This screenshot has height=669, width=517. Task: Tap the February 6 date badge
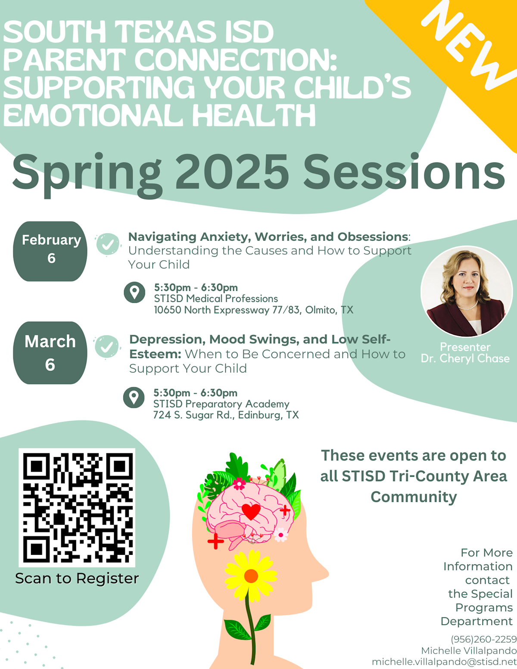[x=51, y=251]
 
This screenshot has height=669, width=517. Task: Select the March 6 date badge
[x=50, y=352]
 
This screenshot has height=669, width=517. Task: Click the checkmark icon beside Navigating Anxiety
[x=108, y=244]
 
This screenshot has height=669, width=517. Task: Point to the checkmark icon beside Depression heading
[x=106, y=346]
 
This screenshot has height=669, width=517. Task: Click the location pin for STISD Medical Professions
[x=134, y=292]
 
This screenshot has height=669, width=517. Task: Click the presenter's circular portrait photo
[x=467, y=292]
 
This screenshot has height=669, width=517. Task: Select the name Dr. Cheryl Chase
[x=465, y=358]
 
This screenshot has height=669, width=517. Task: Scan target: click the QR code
[x=77, y=507]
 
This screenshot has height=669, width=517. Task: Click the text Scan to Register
[x=77, y=578]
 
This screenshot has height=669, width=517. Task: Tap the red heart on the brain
[x=251, y=511]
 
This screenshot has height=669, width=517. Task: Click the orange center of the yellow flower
[x=251, y=576]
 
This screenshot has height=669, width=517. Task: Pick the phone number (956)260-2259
[x=483, y=639]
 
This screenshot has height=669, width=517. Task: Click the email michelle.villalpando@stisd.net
[x=444, y=662]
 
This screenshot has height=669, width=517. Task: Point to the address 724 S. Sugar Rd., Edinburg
[x=226, y=415]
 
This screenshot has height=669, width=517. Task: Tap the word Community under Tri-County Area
[x=414, y=497]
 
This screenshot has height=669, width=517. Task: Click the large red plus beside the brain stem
[x=215, y=541]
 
